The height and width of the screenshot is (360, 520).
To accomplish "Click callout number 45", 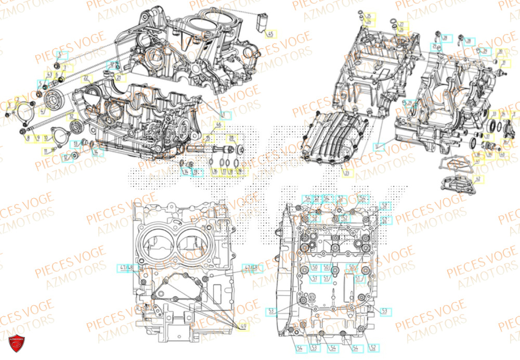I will pyautogui.click(x=270, y=33).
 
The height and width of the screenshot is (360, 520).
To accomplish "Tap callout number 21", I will pyautogui.click(x=120, y=79).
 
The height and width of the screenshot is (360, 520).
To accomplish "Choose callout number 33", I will pyautogui.click(x=411, y=104).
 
